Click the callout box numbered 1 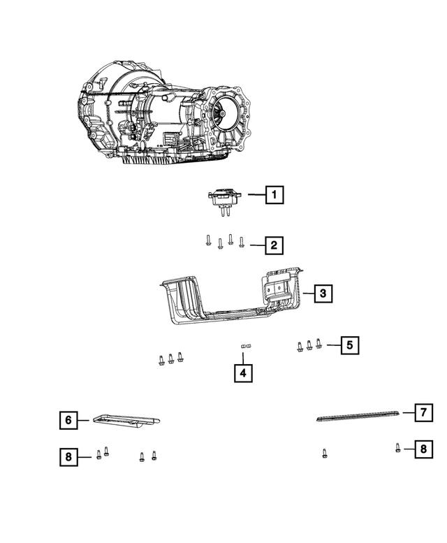pyautogui.click(x=274, y=195)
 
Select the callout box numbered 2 pyautogui.click(x=274, y=245)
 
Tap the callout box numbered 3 pyautogui.click(x=323, y=294)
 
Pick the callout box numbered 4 pyautogui.click(x=243, y=374)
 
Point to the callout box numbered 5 pyautogui.click(x=351, y=345)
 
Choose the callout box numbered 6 pyautogui.click(x=68, y=420)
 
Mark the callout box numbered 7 pyautogui.click(x=423, y=412)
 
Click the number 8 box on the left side pyautogui.click(x=68, y=458)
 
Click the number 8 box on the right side pyautogui.click(x=423, y=449)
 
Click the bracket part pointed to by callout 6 pyautogui.click(x=126, y=420)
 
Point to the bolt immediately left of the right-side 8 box pyautogui.click(x=397, y=448)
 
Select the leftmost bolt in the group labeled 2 pyautogui.click(x=208, y=241)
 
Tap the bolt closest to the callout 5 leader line pyautogui.click(x=318, y=343)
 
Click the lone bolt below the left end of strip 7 pyautogui.click(x=325, y=454)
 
